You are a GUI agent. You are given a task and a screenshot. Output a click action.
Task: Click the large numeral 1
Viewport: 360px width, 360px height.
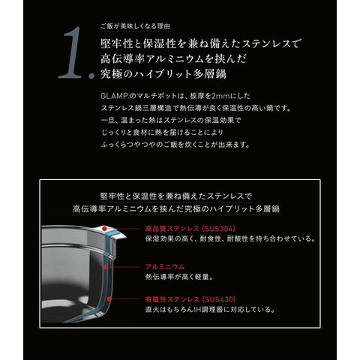pyautogui.click(x=71, y=53)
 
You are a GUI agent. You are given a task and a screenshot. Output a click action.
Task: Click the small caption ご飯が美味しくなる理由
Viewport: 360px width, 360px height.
pyautogui.click(x=135, y=26)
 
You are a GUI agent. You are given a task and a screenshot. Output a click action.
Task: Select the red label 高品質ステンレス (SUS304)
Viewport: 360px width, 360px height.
pyautogui.click(x=190, y=229)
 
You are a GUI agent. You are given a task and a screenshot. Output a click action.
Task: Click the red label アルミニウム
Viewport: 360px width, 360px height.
pyautogui.click(x=165, y=267)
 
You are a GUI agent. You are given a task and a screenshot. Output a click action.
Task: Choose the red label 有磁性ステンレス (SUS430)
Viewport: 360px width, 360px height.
pyautogui.click(x=190, y=299)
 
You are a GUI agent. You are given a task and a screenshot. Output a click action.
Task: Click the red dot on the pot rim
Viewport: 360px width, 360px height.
pyautogui.click(x=105, y=229)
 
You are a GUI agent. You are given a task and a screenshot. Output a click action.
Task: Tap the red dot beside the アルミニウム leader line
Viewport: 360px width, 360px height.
pyautogui.click(x=106, y=267)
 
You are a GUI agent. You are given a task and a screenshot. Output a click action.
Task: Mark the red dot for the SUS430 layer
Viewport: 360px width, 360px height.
pyautogui.click(x=109, y=298)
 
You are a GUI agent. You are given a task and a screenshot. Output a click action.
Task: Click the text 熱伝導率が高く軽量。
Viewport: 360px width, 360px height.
pyautogui.click(x=179, y=277)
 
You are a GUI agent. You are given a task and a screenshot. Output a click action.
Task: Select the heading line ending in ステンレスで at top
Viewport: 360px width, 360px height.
pyautogui.click(x=201, y=43)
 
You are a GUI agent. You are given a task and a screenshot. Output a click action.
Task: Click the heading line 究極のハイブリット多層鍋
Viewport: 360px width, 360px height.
pyautogui.click(x=163, y=73)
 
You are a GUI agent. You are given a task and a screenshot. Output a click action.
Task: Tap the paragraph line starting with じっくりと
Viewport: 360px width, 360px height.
pyautogui.click(x=162, y=132)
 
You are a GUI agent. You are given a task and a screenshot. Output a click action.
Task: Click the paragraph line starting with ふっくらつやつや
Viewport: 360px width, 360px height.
pyautogui.click(x=175, y=145)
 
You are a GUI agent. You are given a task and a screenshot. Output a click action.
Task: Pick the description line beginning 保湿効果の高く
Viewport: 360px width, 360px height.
pyautogui.click(x=230, y=238)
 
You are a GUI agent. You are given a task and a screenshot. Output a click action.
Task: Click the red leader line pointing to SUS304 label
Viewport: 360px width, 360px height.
pyautogui.click(x=124, y=229)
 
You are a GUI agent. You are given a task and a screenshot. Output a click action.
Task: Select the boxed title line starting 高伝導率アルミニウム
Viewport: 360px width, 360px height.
pyautogui.click(x=176, y=208)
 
